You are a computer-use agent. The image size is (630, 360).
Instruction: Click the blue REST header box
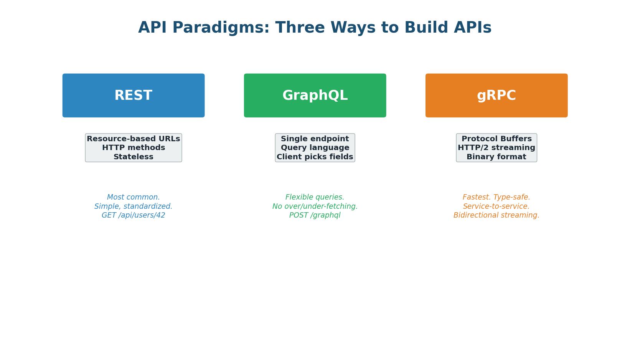pyautogui.click(x=133, y=96)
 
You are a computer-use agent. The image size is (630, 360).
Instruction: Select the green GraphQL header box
pyautogui.click(x=315, y=96)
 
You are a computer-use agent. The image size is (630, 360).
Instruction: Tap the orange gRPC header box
pyautogui.click(x=496, y=96)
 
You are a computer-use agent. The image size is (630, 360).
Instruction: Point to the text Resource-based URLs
pyautogui.click(x=133, y=139)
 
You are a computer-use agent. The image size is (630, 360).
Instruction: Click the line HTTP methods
pyautogui.click(x=133, y=148)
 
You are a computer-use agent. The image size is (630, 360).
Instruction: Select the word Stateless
pyautogui.click(x=133, y=157)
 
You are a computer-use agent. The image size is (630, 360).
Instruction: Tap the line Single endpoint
pyautogui.click(x=315, y=139)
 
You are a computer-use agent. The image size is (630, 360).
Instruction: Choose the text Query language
pyautogui.click(x=315, y=148)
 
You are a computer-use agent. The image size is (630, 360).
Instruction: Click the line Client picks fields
pyautogui.click(x=315, y=157)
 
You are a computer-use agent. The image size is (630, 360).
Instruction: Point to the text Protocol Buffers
pyautogui.click(x=496, y=139)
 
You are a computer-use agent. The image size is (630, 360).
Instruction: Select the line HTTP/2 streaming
pyautogui.click(x=496, y=148)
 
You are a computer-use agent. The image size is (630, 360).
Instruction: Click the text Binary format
pyautogui.click(x=496, y=157)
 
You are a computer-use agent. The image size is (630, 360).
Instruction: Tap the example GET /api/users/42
pyautogui.click(x=133, y=215)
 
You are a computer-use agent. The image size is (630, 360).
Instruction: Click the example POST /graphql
pyautogui.click(x=315, y=215)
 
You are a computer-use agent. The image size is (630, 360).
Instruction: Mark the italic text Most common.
pyautogui.click(x=133, y=197)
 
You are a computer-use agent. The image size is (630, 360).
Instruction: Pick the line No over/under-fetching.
pyautogui.click(x=315, y=206)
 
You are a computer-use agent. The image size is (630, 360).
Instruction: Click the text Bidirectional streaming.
pyautogui.click(x=496, y=215)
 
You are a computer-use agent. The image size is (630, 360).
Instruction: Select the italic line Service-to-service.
pyautogui.click(x=496, y=206)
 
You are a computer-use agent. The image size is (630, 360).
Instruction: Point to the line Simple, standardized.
pyautogui.click(x=133, y=206)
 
